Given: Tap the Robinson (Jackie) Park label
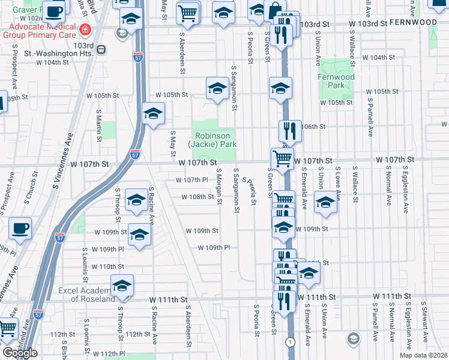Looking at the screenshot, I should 212,140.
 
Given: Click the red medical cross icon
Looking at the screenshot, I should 85,29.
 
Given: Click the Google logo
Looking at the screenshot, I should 20,353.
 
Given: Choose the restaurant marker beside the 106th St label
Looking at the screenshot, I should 289,130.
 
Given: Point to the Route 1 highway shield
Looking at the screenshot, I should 291,342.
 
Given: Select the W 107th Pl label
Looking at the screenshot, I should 191,180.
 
